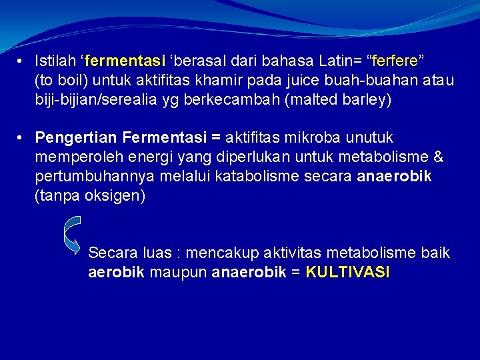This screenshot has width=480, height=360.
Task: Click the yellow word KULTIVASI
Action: [347, 273]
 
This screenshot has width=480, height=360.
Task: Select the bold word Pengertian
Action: [75, 138]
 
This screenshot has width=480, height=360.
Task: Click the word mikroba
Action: [313, 138]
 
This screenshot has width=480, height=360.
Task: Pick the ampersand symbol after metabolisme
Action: [438, 157]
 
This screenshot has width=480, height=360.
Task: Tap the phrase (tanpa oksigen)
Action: [90, 196]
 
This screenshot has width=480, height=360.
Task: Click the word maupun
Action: [179, 273]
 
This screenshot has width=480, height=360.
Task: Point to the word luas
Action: [157, 253]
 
